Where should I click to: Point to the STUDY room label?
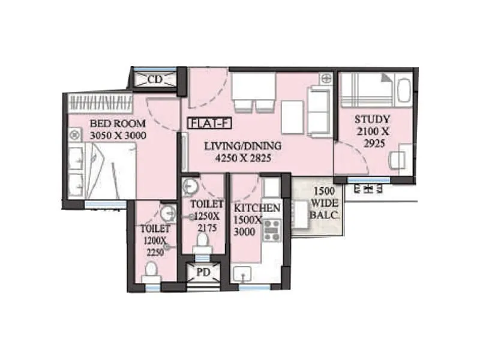(x=372, y=119)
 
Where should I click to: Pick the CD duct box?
(x=155, y=79)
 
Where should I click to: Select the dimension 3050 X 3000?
(x=117, y=136)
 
